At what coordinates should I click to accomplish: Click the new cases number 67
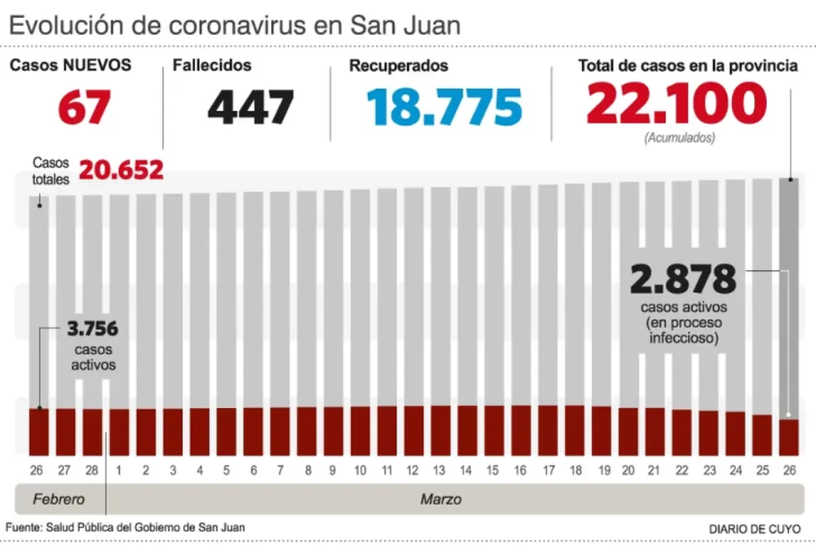[83, 108]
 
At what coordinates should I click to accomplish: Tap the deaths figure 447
[250, 108]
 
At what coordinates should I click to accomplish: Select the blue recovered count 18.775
[444, 108]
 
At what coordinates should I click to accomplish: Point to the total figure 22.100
[676, 104]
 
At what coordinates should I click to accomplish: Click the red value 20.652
[122, 171]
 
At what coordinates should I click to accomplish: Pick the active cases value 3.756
[92, 330]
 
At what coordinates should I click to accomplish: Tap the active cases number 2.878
[683, 280]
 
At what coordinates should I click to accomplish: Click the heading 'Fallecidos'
[212, 66]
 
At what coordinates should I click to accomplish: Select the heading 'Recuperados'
[399, 66]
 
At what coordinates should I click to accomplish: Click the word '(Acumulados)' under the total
[679, 138]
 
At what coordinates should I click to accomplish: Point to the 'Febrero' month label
[55, 499]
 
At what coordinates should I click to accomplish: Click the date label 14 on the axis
[467, 471]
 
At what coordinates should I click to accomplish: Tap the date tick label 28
[92, 471]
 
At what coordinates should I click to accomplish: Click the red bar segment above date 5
[226, 431]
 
